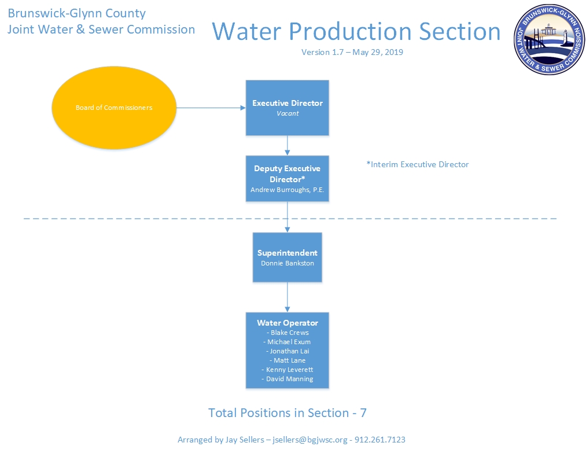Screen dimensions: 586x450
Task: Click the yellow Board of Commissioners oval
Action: [x=114, y=108]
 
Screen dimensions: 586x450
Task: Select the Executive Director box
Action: [x=288, y=108]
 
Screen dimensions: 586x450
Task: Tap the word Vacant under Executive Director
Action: [x=288, y=113]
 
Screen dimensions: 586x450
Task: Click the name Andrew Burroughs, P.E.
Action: [x=288, y=190]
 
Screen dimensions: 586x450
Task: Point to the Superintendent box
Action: [x=288, y=257]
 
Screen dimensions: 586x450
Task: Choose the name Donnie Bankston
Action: [x=288, y=263]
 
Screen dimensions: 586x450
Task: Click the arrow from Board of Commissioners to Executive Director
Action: [x=211, y=108]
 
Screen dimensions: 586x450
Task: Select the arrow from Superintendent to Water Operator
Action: [x=288, y=297]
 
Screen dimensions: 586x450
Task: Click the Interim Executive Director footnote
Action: [x=418, y=164]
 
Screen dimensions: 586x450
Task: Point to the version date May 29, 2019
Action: [x=378, y=52]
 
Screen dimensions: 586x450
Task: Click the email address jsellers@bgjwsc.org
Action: [x=310, y=440]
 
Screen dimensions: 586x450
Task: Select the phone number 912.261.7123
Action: [x=379, y=440]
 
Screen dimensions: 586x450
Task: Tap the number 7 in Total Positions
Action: [x=363, y=413]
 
